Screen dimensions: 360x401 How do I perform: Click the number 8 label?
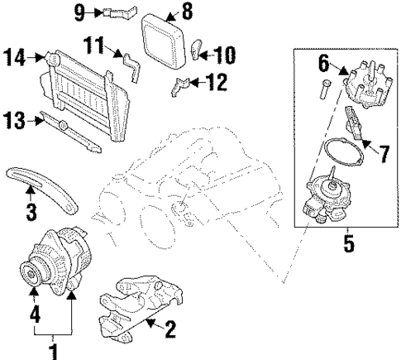[x=187, y=12]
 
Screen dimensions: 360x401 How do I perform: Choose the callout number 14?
[x=13, y=57]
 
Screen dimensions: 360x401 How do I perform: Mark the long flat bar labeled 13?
[x=74, y=133]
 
